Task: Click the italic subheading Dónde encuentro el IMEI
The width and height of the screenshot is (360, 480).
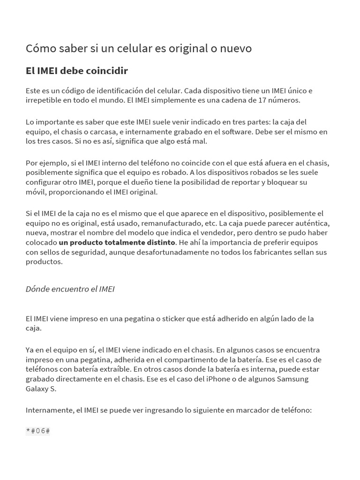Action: tap(70, 289)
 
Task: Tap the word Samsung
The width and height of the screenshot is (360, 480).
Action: tap(293, 379)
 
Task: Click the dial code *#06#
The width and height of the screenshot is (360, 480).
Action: tap(38, 431)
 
